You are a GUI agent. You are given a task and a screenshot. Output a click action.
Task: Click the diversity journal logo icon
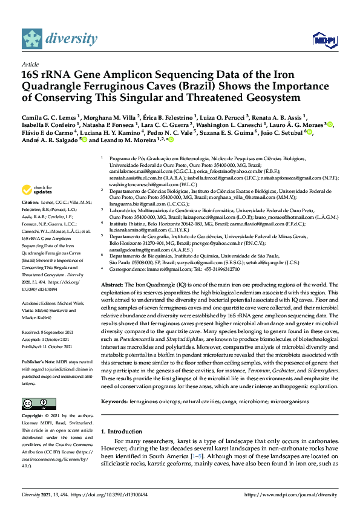33,39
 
